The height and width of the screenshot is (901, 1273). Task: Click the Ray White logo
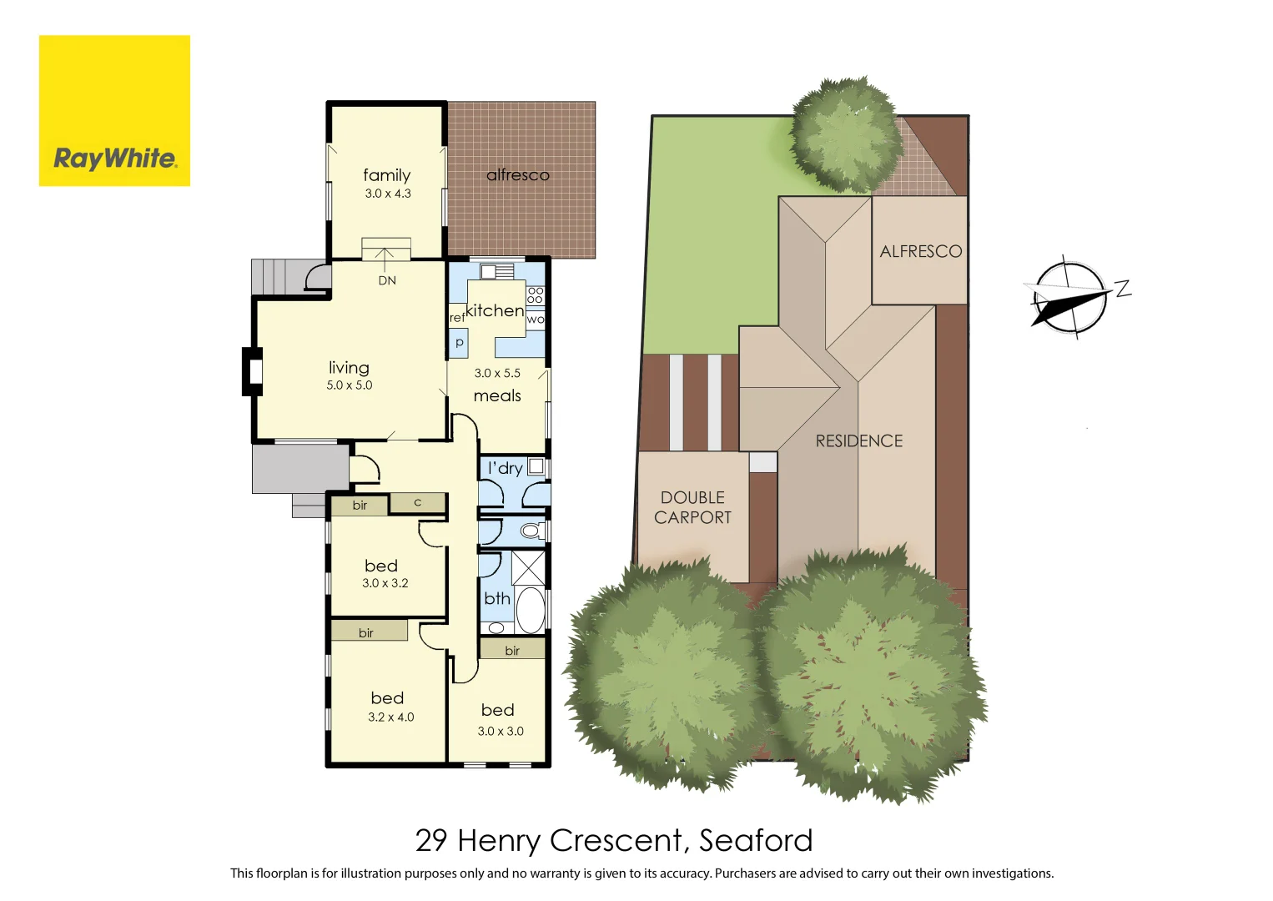click(114, 111)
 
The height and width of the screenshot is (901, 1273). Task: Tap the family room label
click(386, 175)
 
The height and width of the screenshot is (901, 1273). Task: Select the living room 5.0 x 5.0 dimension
click(350, 385)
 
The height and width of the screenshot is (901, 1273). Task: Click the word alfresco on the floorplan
click(518, 175)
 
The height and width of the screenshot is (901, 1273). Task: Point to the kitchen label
click(495, 311)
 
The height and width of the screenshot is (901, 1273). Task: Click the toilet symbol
click(530, 531)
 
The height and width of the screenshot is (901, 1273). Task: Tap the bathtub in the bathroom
click(530, 610)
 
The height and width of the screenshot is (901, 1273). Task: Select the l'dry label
click(506, 469)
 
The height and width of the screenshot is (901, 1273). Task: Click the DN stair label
click(387, 280)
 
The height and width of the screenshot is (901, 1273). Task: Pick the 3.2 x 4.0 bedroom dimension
click(390, 717)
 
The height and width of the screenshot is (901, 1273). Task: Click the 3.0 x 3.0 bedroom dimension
click(501, 732)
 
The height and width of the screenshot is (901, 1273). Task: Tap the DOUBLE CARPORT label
click(692, 507)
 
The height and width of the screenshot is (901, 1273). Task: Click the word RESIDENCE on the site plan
click(858, 441)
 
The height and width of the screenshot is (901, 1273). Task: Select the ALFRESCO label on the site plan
click(920, 251)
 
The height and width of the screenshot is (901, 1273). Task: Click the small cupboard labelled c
click(418, 502)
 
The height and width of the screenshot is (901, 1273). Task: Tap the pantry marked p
click(459, 342)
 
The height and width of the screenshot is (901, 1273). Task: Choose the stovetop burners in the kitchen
click(535, 294)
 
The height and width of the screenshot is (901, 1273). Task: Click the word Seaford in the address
click(755, 840)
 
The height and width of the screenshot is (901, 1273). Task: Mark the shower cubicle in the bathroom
click(528, 567)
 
